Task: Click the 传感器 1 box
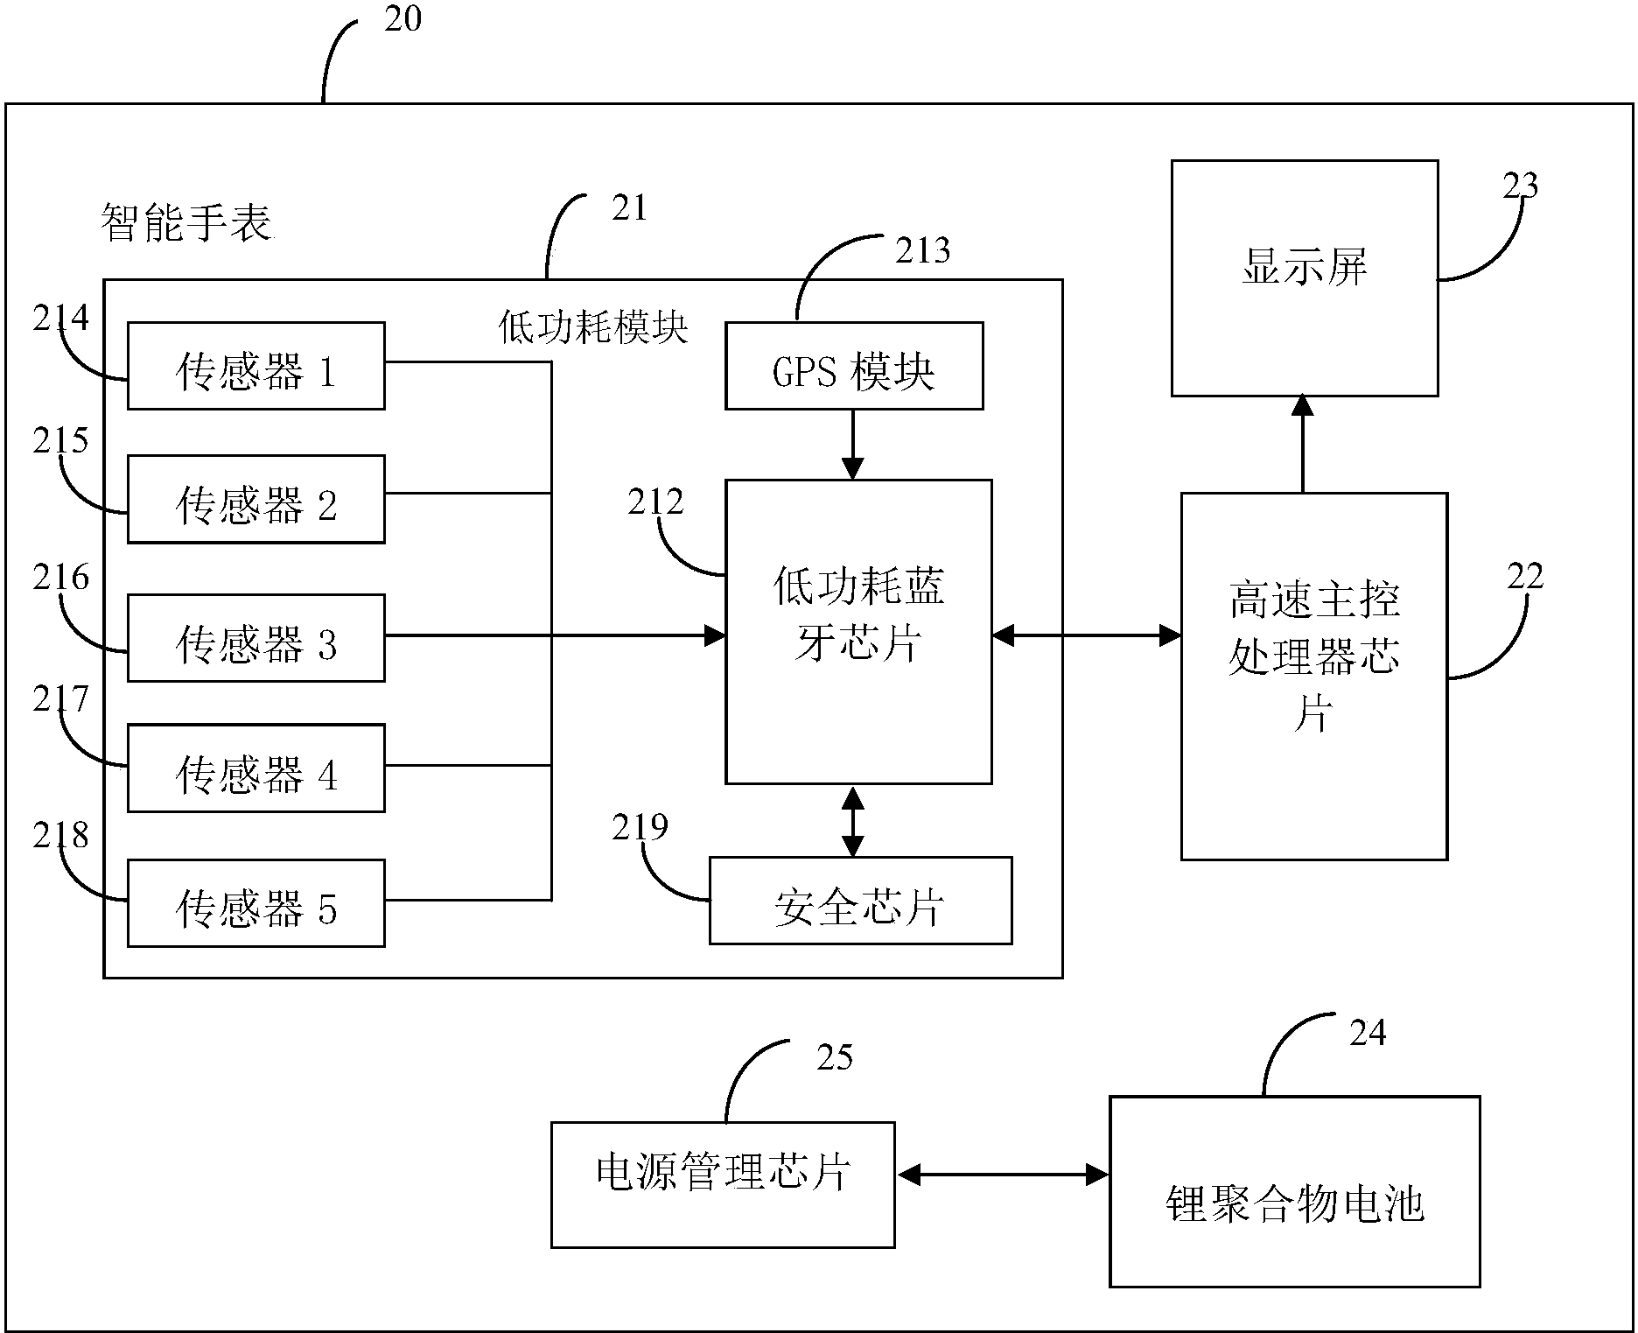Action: [255, 366]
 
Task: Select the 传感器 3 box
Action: [255, 638]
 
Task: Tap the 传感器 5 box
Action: [255, 903]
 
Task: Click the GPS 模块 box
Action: [853, 366]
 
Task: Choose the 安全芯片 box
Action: [860, 901]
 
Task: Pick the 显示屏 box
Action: [1304, 277]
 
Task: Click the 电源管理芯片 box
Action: [722, 1184]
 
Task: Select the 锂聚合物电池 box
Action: [1294, 1191]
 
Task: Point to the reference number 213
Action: [921, 251]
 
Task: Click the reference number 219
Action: [640, 827]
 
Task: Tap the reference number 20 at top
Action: [403, 18]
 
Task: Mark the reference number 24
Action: [1368, 1034]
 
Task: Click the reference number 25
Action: [834, 1057]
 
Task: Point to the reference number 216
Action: [61, 578]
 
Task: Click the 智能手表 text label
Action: [186, 222]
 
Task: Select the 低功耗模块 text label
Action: [593, 327]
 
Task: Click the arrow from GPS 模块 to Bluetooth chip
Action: [852, 445]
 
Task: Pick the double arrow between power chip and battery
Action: [1002, 1175]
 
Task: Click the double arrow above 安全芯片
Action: [852, 821]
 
